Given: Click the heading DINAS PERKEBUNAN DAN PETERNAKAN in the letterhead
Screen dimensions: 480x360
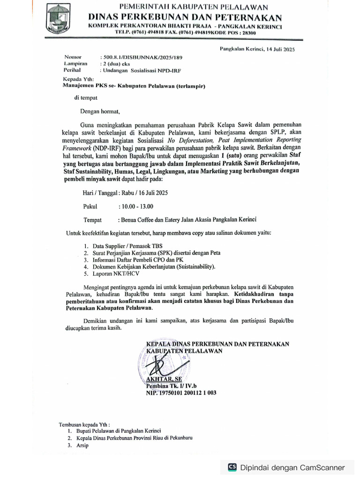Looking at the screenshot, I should tap(186, 17).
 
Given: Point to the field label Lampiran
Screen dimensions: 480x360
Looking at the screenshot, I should tap(76, 63).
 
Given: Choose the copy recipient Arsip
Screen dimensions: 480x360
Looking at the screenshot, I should tap(82, 445).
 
